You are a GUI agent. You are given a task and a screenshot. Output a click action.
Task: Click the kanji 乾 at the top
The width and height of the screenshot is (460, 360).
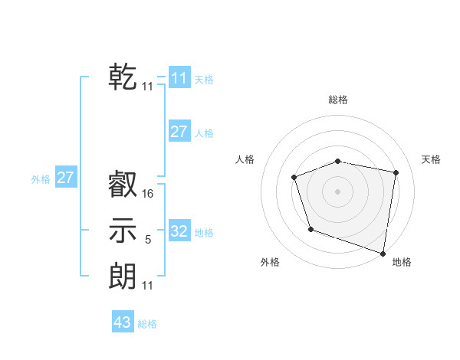click(x=123, y=77)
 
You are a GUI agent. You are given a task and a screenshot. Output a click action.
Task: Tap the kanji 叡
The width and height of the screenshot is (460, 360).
click(x=123, y=185)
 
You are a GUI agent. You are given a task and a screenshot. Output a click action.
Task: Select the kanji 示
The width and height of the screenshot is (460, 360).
click(x=123, y=231)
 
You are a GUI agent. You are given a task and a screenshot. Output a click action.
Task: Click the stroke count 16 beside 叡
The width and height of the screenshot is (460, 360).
click(x=148, y=195)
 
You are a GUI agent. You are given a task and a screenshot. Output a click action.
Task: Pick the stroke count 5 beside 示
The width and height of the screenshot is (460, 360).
click(x=148, y=240)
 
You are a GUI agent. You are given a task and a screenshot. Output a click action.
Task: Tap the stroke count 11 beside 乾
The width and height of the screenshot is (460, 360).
click(x=148, y=87)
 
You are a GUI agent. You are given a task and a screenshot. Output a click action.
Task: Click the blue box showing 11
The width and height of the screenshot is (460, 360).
click(x=179, y=78)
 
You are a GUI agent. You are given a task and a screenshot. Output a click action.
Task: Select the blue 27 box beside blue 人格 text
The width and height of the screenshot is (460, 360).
click(x=179, y=132)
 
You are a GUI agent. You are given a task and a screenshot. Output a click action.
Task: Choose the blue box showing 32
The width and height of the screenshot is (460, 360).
click(x=179, y=231)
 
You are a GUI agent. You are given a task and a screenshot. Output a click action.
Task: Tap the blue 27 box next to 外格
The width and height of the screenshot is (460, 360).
click(x=66, y=178)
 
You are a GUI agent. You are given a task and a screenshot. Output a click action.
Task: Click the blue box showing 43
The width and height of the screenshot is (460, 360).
click(x=123, y=322)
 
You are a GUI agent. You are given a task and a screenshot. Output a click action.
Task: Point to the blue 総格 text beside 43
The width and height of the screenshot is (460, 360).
click(x=147, y=324)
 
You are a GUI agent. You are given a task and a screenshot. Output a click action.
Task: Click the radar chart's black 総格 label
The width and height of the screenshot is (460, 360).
click(x=338, y=100)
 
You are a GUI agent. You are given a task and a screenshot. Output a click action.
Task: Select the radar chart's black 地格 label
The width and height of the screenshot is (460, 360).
click(x=402, y=262)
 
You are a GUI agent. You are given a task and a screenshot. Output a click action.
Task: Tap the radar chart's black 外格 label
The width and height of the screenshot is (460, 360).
click(x=270, y=262)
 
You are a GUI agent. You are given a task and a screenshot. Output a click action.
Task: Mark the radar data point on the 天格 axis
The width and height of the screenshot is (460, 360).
click(x=396, y=172)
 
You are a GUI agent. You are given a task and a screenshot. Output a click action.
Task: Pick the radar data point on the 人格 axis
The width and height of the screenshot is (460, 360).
click(x=294, y=178)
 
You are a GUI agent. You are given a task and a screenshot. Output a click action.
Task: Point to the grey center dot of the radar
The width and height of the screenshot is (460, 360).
click(x=338, y=191)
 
